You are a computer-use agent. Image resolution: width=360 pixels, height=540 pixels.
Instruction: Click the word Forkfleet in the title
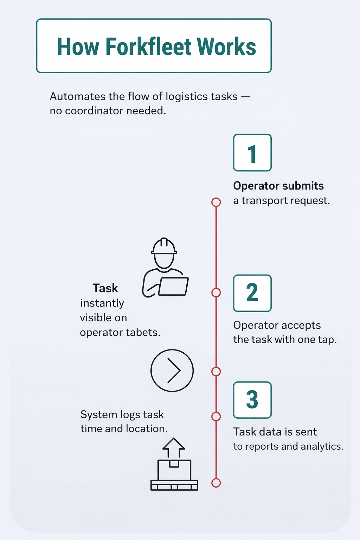pyautogui.click(x=148, y=47)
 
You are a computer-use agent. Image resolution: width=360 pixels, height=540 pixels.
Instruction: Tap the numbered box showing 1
pyautogui.click(x=252, y=153)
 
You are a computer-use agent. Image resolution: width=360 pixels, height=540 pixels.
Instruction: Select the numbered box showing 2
pyautogui.click(x=252, y=293)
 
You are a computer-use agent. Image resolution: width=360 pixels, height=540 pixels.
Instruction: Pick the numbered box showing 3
pyautogui.click(x=252, y=400)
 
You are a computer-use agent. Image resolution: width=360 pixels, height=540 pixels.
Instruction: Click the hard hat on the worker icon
pyautogui.click(x=164, y=246)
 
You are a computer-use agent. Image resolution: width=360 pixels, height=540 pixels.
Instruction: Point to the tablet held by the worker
pyautogui.click(x=173, y=286)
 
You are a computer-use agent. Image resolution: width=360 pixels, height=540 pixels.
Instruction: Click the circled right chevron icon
pyautogui.click(x=172, y=371)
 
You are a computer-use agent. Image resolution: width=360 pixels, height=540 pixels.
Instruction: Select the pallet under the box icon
pyautogui.click(x=174, y=485)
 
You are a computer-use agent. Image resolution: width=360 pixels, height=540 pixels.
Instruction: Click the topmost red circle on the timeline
pyautogui.click(x=216, y=202)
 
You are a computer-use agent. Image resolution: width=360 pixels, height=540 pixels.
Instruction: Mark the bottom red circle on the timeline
pyautogui.click(x=216, y=483)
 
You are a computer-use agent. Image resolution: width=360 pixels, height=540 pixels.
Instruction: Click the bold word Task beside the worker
pyautogui.click(x=105, y=288)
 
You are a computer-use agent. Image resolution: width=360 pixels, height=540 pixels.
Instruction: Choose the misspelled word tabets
pyautogui.click(x=145, y=333)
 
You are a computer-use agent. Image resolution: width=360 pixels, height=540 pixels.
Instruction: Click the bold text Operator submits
pyautogui.click(x=278, y=186)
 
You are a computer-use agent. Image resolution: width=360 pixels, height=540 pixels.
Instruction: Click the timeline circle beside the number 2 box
pyautogui.click(x=216, y=292)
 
